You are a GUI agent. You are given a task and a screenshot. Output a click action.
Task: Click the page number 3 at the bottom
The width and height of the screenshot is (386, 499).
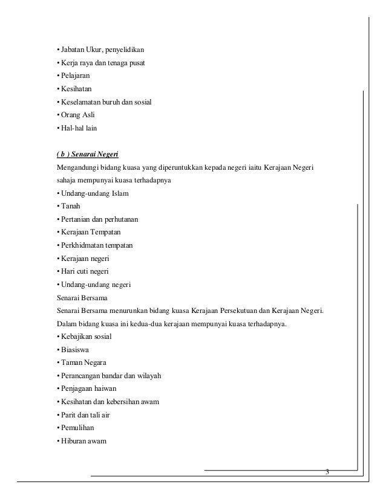click(327, 471)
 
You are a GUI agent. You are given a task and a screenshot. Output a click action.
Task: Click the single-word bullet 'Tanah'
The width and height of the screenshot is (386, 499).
click(70, 206)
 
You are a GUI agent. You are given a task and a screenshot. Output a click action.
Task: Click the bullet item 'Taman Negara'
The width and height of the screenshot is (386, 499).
click(82, 362)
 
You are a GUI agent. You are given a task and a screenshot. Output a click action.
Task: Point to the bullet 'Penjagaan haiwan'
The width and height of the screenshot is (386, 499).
click(88, 388)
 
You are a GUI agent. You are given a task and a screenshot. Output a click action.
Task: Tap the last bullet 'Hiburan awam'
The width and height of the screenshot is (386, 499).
click(82, 441)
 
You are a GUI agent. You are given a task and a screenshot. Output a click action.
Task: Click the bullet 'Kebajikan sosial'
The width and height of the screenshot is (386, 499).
click(85, 336)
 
